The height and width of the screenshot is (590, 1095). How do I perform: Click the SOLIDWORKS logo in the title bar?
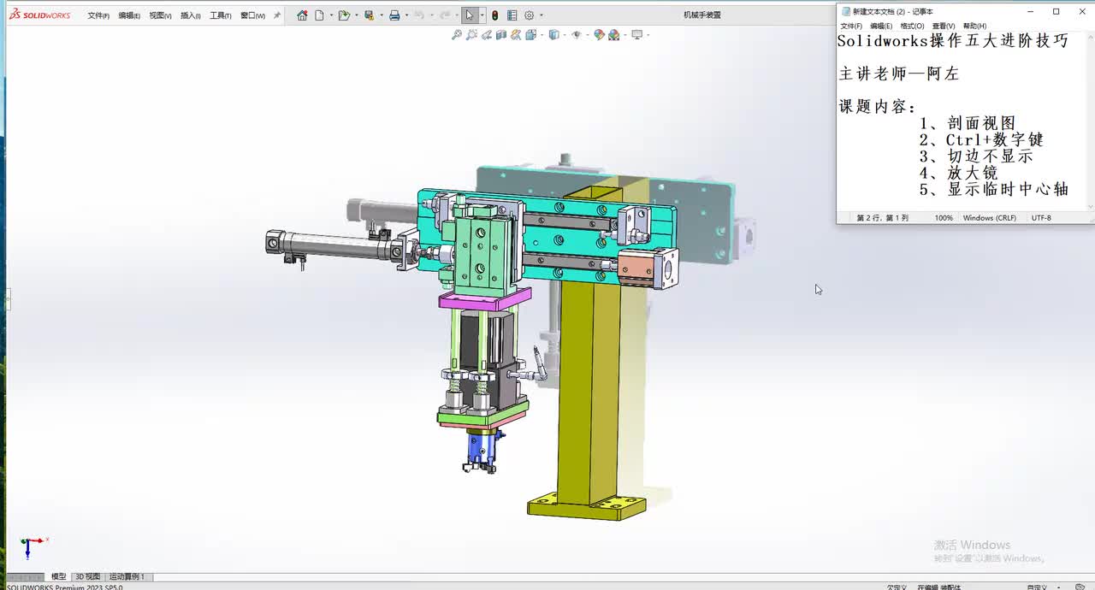40,15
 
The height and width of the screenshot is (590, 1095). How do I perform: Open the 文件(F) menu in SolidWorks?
98,15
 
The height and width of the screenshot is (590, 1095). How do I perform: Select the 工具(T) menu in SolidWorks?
220,15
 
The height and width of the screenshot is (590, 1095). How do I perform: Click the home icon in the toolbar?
302,15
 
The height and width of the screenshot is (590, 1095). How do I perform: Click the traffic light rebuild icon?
494,15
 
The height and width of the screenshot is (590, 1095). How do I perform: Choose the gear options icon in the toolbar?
529,15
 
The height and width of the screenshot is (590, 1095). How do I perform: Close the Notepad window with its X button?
1080,11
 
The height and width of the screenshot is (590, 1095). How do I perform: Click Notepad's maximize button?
1056,11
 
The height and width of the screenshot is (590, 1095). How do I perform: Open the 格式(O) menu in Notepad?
911,26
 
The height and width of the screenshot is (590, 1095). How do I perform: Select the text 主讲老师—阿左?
898,74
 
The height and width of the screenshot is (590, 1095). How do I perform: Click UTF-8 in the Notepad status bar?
1041,218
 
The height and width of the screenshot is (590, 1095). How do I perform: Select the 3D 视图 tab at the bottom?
87,577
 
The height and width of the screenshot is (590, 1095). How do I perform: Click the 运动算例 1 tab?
127,577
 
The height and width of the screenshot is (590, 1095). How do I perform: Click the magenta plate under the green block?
483,299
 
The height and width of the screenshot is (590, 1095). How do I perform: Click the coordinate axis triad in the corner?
31,545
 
